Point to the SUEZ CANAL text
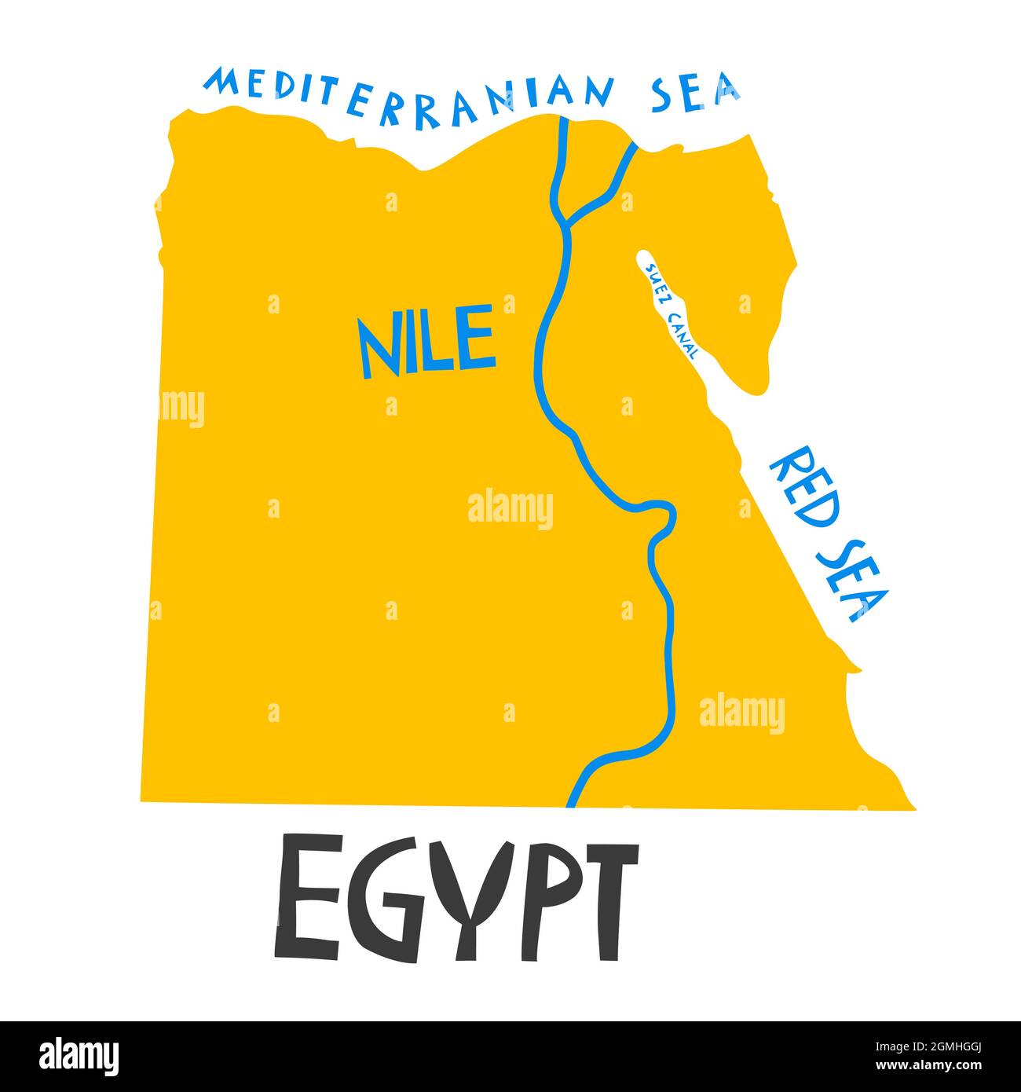point(670,311)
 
